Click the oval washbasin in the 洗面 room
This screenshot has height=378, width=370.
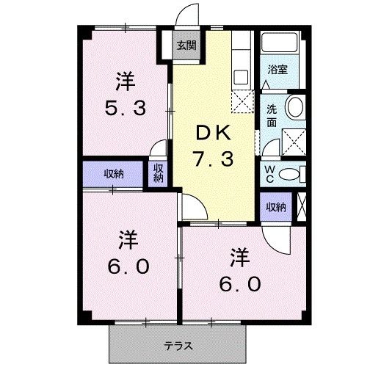click(295, 107)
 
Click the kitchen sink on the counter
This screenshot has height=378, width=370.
click(240, 76)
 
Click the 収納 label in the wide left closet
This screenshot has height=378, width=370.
click(112, 174)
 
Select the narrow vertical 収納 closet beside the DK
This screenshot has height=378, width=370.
click(159, 173)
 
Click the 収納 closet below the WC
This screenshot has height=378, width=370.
click(275, 207)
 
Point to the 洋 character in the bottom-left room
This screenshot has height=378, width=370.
click(128, 239)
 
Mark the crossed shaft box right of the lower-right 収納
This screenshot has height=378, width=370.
click(302, 206)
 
